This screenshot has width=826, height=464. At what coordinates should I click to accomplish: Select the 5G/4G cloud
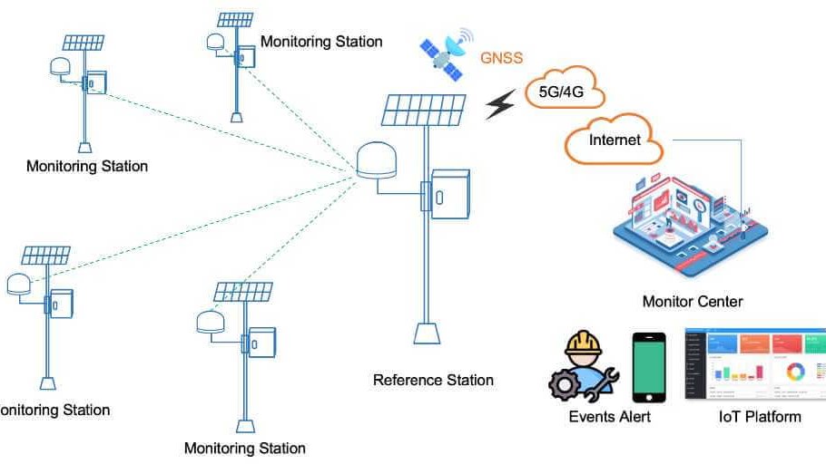point(564,92)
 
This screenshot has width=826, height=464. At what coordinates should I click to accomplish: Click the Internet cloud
point(615,140)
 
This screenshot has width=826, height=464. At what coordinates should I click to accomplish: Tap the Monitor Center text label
point(693,302)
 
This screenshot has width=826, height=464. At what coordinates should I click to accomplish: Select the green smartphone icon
point(649,367)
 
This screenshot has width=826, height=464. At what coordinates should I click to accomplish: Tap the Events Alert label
point(609,417)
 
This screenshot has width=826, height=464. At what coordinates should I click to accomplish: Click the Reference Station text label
point(433,380)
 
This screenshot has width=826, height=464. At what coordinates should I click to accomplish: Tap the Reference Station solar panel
point(425,110)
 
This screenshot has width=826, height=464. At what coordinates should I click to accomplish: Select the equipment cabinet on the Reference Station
point(449,194)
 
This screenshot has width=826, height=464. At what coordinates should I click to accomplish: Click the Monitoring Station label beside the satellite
point(321,42)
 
